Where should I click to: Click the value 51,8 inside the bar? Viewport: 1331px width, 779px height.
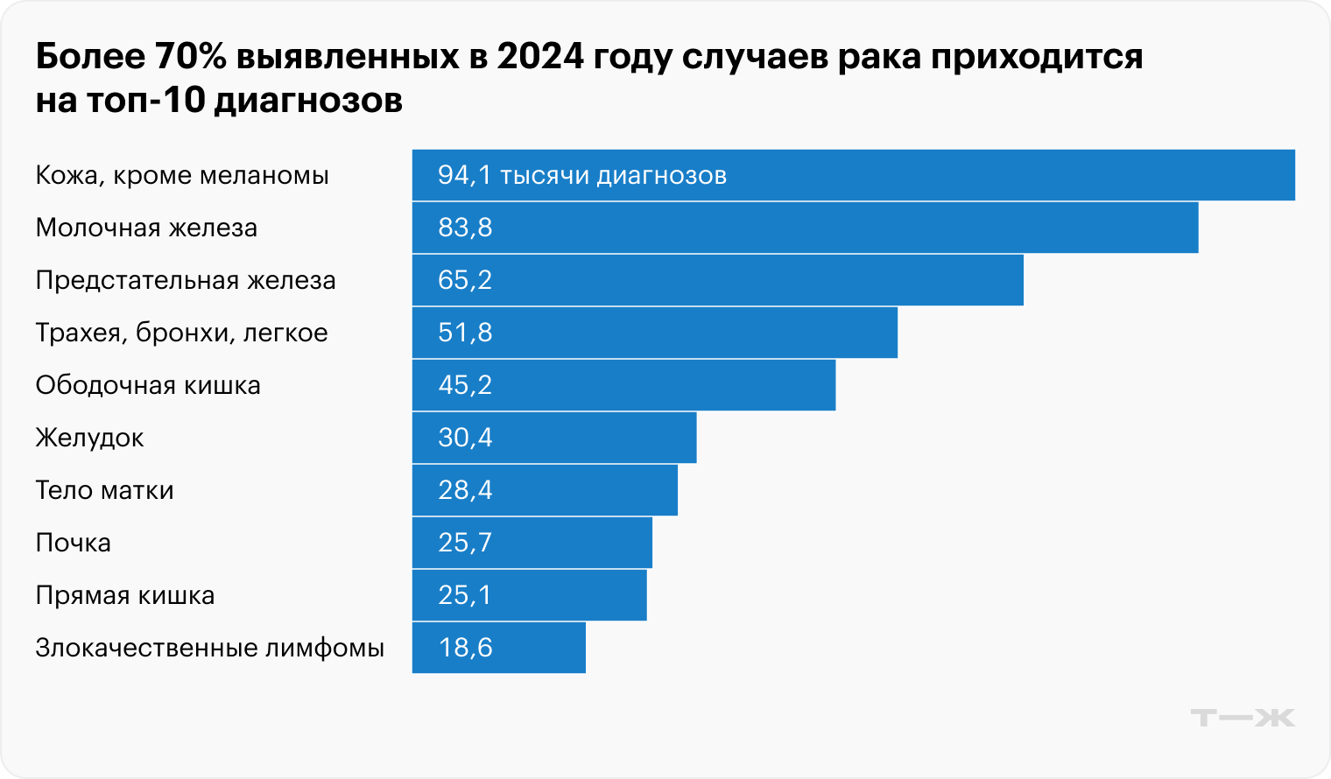pyautogui.click(x=465, y=333)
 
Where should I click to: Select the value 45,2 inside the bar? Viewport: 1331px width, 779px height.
pyautogui.click(x=465, y=385)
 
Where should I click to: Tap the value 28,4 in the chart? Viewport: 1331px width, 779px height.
pyautogui.click(x=465, y=490)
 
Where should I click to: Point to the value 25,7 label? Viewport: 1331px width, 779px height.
pyautogui.click(x=465, y=543)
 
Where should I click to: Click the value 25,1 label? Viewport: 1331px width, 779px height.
pyautogui.click(x=465, y=595)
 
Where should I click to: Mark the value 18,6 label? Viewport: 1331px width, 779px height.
pyautogui.click(x=465, y=648)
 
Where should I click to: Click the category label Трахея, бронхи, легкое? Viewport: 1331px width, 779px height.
pyautogui.click(x=181, y=333)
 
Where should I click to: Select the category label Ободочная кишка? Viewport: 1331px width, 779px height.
pyautogui.click(x=148, y=386)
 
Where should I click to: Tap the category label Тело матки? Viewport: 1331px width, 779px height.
pyautogui.click(x=104, y=490)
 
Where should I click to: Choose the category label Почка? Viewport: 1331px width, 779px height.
pyautogui.click(x=73, y=543)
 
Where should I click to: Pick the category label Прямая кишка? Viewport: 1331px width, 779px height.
pyautogui.click(x=124, y=596)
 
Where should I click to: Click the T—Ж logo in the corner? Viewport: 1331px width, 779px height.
pyautogui.click(x=1243, y=718)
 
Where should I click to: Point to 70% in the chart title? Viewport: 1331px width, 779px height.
pyautogui.click(x=189, y=57)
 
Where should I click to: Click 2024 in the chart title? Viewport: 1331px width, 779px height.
pyautogui.click(x=539, y=57)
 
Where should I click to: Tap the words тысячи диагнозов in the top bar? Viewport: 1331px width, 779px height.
pyautogui.click(x=613, y=175)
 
